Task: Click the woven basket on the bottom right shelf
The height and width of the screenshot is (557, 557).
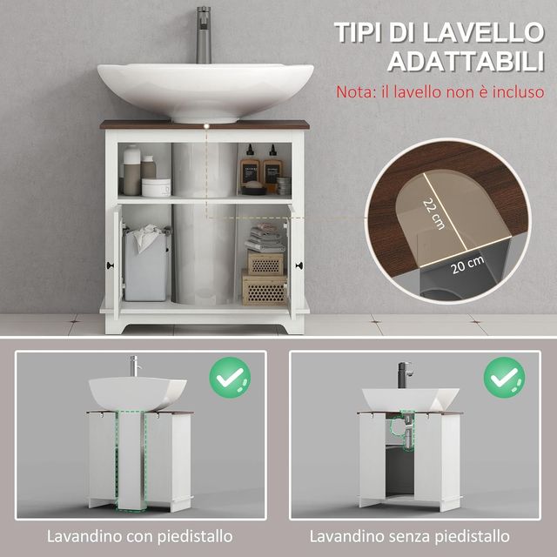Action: click(264, 289)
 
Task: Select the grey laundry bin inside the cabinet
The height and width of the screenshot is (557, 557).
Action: click(145, 265)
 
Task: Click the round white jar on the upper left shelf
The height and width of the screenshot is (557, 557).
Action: click(156, 187)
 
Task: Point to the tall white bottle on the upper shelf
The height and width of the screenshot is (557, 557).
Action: click(131, 169)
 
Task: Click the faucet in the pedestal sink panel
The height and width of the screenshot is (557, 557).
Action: click(135, 366)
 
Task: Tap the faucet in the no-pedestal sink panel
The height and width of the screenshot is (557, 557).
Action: click(406, 373)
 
